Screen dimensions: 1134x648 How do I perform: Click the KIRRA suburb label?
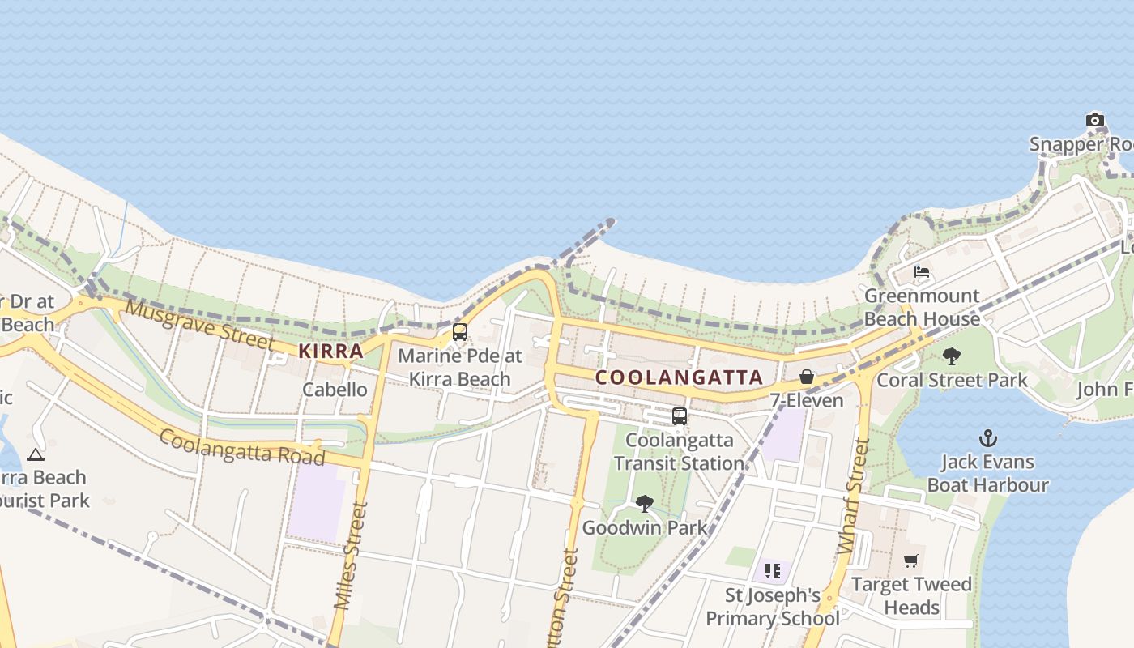click(330, 351)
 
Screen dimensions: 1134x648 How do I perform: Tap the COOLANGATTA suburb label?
click(680, 377)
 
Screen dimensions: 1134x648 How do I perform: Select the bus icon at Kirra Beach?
click(460, 331)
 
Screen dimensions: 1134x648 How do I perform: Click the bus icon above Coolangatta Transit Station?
click(680, 416)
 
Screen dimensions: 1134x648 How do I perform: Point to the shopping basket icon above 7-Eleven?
click(807, 377)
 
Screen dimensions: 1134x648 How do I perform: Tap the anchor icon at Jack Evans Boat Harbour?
click(987, 438)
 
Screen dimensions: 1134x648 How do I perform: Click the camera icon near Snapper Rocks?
click(1095, 121)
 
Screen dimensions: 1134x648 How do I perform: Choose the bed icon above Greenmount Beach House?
click(922, 272)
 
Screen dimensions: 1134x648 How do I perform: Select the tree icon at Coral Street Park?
click(952, 356)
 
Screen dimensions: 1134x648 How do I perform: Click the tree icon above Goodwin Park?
click(645, 504)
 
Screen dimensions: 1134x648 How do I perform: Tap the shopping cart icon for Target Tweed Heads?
click(911, 561)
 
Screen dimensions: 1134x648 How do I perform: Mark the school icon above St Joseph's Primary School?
click(772, 571)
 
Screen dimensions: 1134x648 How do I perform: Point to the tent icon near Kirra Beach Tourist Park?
click(35, 454)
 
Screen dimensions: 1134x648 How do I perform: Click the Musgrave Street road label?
click(199, 324)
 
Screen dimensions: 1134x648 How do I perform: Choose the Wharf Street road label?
click(855, 496)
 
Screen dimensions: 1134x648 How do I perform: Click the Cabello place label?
click(335, 390)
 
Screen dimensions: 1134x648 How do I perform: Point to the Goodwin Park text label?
click(644, 528)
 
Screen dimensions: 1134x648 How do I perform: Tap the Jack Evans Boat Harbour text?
click(987, 474)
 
